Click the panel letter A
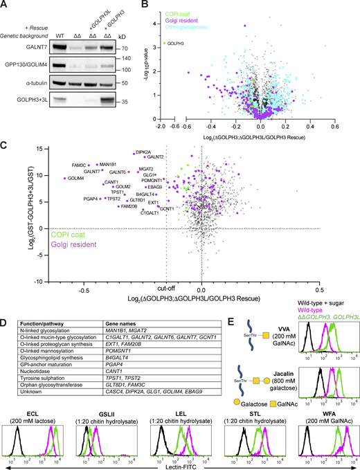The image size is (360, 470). (6, 6)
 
